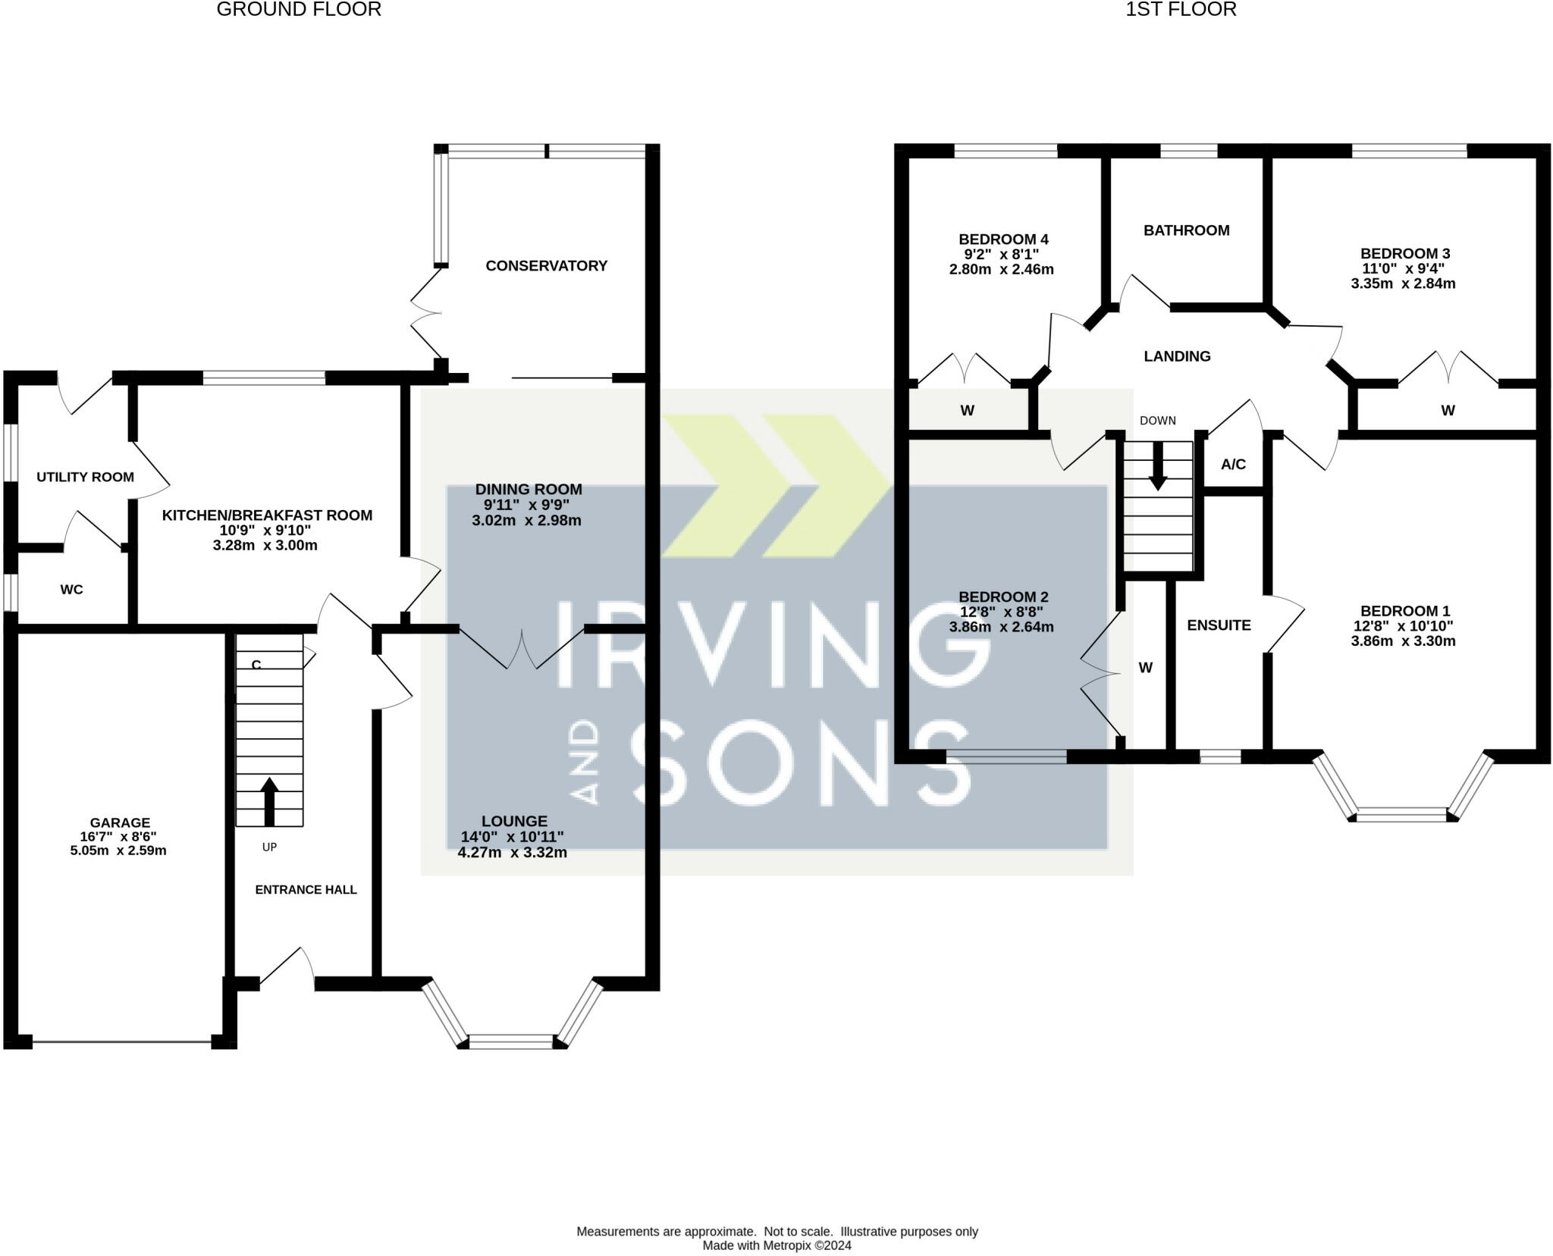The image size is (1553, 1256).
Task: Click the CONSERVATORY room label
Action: (x=546, y=265)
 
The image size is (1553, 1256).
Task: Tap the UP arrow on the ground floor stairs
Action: (x=269, y=801)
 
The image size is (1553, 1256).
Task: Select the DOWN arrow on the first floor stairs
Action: (x=1157, y=465)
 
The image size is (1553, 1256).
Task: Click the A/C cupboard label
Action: (x=1233, y=464)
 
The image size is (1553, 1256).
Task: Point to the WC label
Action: (x=72, y=589)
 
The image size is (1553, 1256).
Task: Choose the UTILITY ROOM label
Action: (x=86, y=477)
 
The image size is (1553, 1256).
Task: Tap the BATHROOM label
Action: (x=1187, y=230)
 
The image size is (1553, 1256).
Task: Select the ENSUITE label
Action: (x=1219, y=625)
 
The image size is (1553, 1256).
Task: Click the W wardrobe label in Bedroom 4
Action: (x=967, y=411)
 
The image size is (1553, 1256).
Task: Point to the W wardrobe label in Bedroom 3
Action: (x=1448, y=411)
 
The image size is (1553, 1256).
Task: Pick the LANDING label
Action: (x=1177, y=356)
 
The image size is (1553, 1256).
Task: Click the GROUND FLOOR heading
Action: (x=299, y=9)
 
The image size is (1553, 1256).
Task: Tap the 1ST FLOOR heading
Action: (x=1181, y=9)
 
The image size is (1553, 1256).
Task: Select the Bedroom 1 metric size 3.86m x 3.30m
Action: (x=1403, y=641)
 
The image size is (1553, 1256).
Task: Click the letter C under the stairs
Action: (x=256, y=665)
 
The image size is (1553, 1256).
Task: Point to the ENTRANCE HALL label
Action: (x=306, y=890)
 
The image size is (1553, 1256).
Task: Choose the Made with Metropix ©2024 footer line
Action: (x=776, y=1245)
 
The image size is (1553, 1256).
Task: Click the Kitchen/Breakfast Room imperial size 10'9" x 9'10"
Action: (x=265, y=531)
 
